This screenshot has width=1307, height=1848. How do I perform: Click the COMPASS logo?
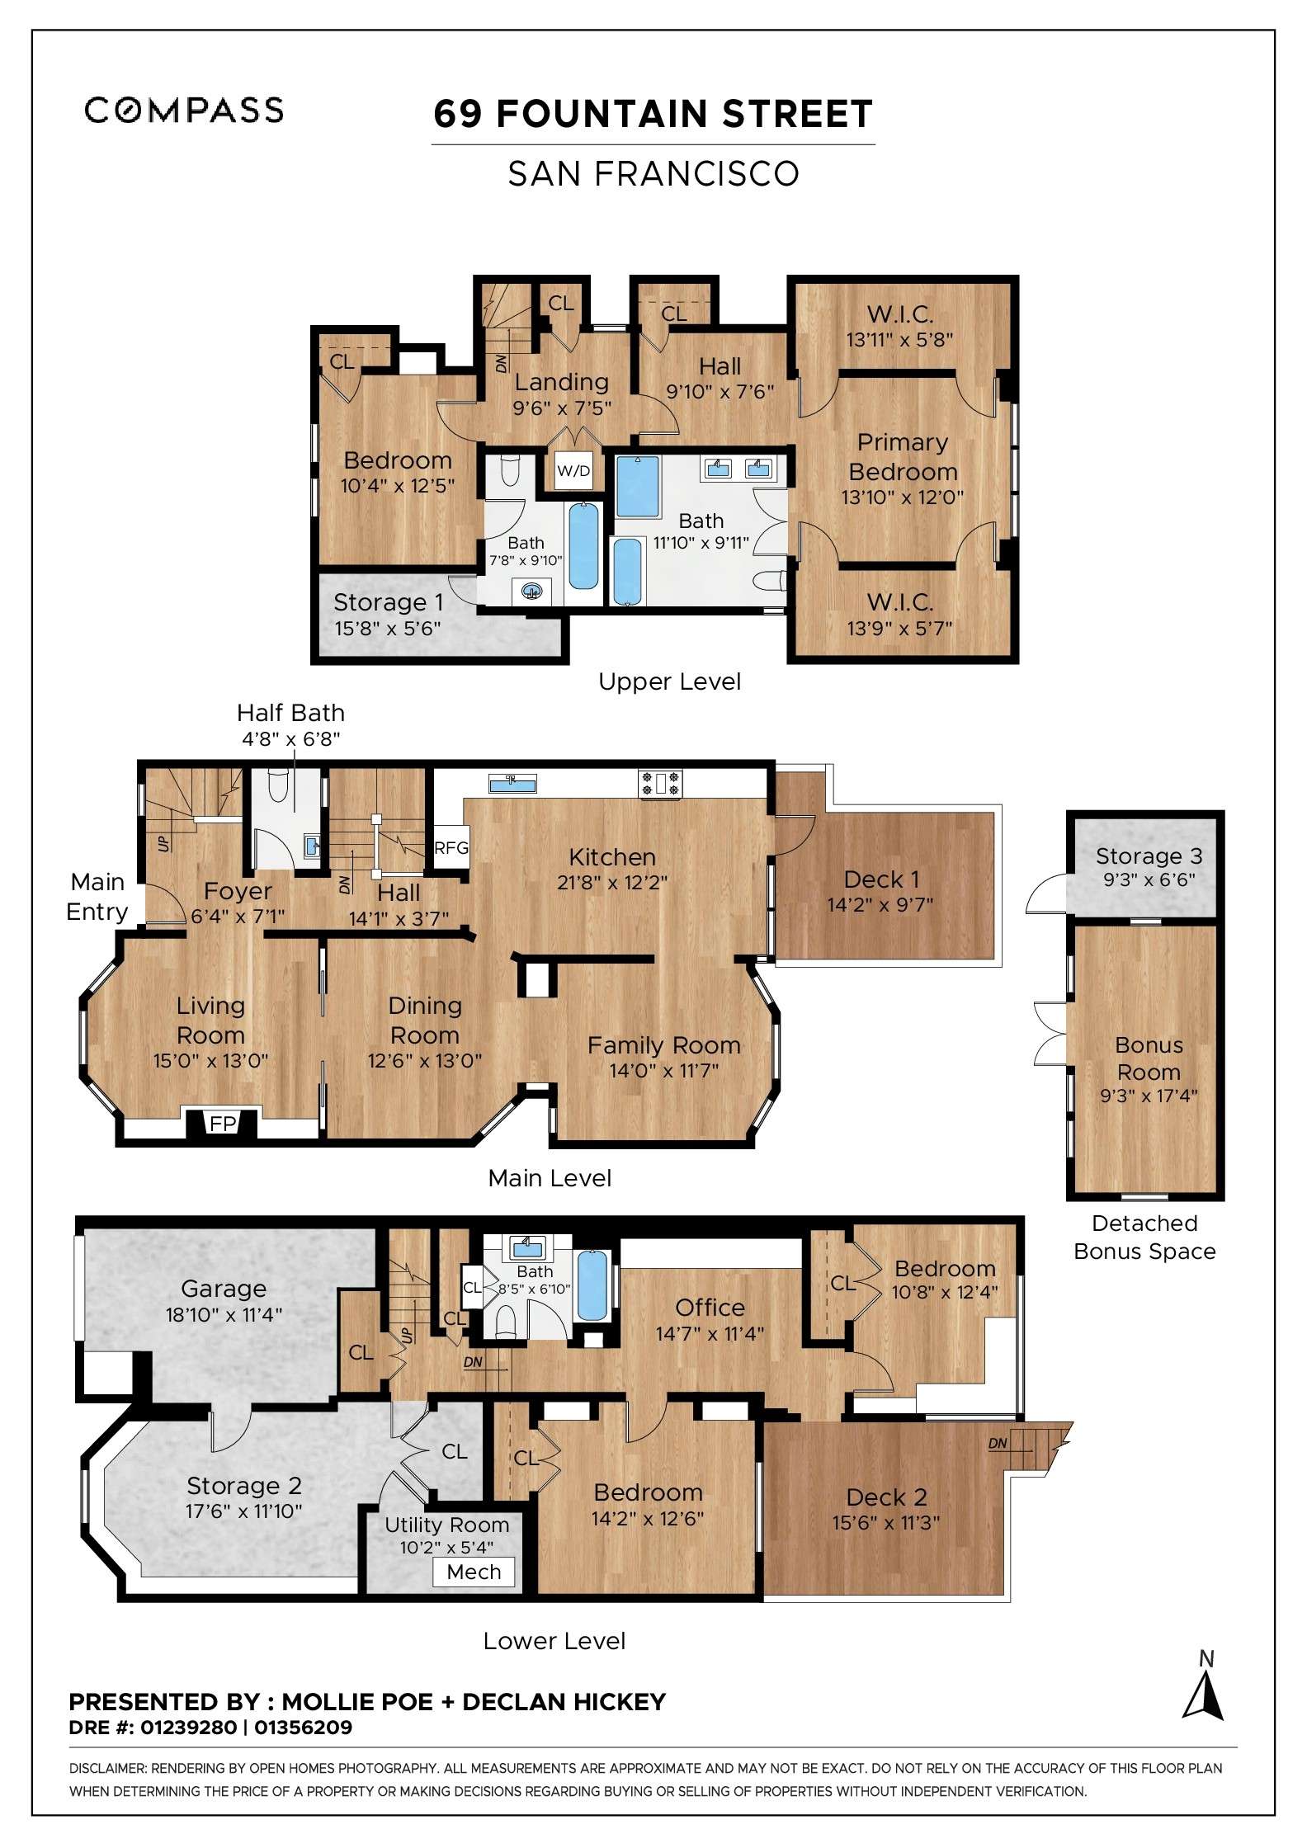coord(184,110)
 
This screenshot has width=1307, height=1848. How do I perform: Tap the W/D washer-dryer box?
coord(573,471)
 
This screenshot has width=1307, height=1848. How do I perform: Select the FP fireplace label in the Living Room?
coord(223,1124)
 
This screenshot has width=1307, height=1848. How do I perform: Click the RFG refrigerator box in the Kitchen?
coord(451,847)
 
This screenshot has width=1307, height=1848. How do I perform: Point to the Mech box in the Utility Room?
coord(474,1572)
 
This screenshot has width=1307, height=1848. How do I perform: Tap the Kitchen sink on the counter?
coord(512,782)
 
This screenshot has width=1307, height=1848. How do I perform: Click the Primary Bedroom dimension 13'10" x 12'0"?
coord(903,497)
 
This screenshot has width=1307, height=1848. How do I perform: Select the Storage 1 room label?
coord(388,602)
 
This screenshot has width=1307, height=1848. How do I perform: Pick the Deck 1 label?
coord(880,879)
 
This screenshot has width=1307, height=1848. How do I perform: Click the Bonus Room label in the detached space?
coord(1149,1058)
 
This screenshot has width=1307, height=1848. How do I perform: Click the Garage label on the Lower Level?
coord(224,1289)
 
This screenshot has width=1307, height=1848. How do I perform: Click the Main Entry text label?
coord(97,897)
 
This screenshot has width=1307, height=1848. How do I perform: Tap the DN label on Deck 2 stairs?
coord(998,1444)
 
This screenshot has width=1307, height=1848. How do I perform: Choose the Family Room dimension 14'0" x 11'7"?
coord(664,1071)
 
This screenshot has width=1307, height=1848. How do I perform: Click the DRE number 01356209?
coord(303,1727)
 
